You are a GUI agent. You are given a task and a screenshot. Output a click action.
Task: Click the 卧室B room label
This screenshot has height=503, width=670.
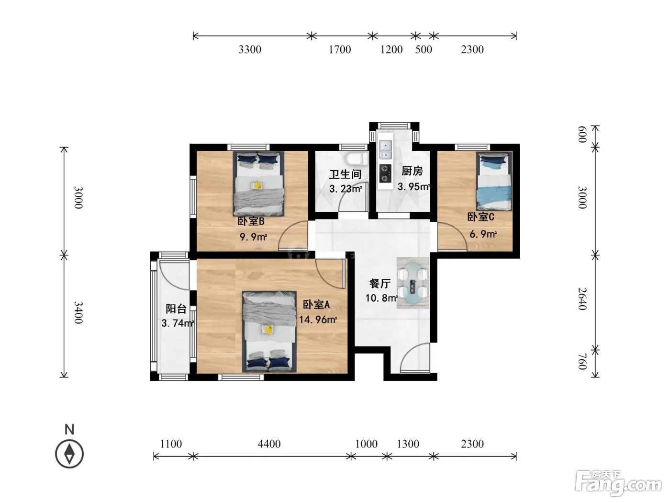251,221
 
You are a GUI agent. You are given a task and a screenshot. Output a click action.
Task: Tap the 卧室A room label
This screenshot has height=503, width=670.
316,304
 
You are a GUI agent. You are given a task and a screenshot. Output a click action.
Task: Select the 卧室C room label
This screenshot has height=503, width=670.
481,217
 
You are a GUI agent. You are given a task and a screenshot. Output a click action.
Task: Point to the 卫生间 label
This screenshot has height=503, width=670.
345,174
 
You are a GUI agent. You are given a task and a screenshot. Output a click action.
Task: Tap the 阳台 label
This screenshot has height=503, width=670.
176,309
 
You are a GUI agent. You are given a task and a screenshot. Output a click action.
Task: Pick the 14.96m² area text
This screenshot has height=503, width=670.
318,320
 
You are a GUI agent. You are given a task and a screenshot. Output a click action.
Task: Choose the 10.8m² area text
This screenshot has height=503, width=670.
381,297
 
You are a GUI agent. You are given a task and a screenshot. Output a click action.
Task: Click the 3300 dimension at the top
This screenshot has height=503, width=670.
250,49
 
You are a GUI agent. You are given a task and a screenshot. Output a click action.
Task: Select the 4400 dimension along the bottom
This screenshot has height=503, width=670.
269,444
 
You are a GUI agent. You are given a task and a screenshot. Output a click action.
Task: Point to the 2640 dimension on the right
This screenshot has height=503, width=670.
583,298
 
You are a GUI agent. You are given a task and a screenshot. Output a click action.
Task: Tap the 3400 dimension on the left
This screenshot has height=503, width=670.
78,312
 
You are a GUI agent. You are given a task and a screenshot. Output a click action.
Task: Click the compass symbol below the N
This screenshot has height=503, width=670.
69,454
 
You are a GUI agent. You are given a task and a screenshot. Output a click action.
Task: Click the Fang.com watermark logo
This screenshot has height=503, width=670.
618,483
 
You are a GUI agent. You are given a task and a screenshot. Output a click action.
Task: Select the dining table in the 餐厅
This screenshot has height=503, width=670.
413,283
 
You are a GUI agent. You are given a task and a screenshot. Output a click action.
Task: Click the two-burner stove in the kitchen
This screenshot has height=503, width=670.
385,173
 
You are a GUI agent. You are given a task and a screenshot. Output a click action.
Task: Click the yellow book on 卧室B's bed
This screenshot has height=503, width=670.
257,185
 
